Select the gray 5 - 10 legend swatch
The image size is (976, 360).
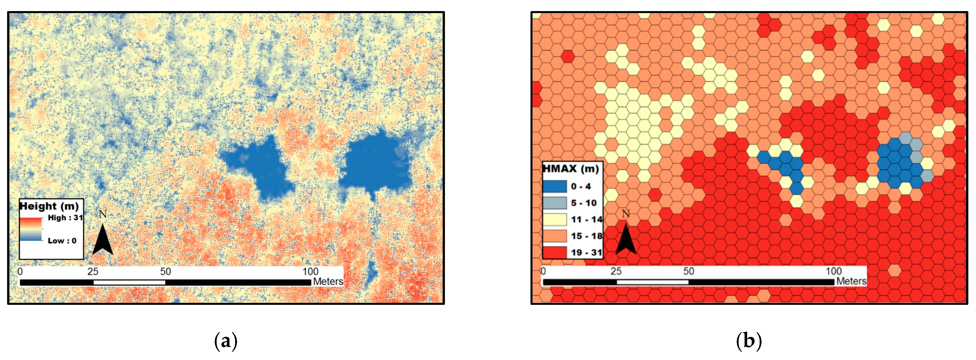[x=555, y=203]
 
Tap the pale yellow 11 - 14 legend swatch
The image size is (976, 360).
[x=555, y=220]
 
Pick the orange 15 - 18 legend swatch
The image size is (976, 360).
[x=555, y=236]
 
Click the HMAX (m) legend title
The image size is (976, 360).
[x=571, y=169]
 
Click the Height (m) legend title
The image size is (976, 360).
[x=49, y=206]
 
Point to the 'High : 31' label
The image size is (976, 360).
[x=65, y=218]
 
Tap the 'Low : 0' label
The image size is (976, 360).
[x=62, y=241]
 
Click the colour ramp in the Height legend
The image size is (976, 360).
[x=31, y=229]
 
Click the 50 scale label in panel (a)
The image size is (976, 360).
[x=165, y=271]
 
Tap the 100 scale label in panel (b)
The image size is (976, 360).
[x=834, y=271]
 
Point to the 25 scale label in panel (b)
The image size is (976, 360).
[x=616, y=271]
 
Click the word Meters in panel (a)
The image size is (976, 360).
[x=328, y=282]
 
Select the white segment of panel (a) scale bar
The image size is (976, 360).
[x=129, y=282]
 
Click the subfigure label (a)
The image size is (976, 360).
[x=226, y=341]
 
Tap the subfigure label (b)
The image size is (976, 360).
[x=749, y=341]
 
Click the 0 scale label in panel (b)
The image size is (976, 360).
[x=543, y=271]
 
